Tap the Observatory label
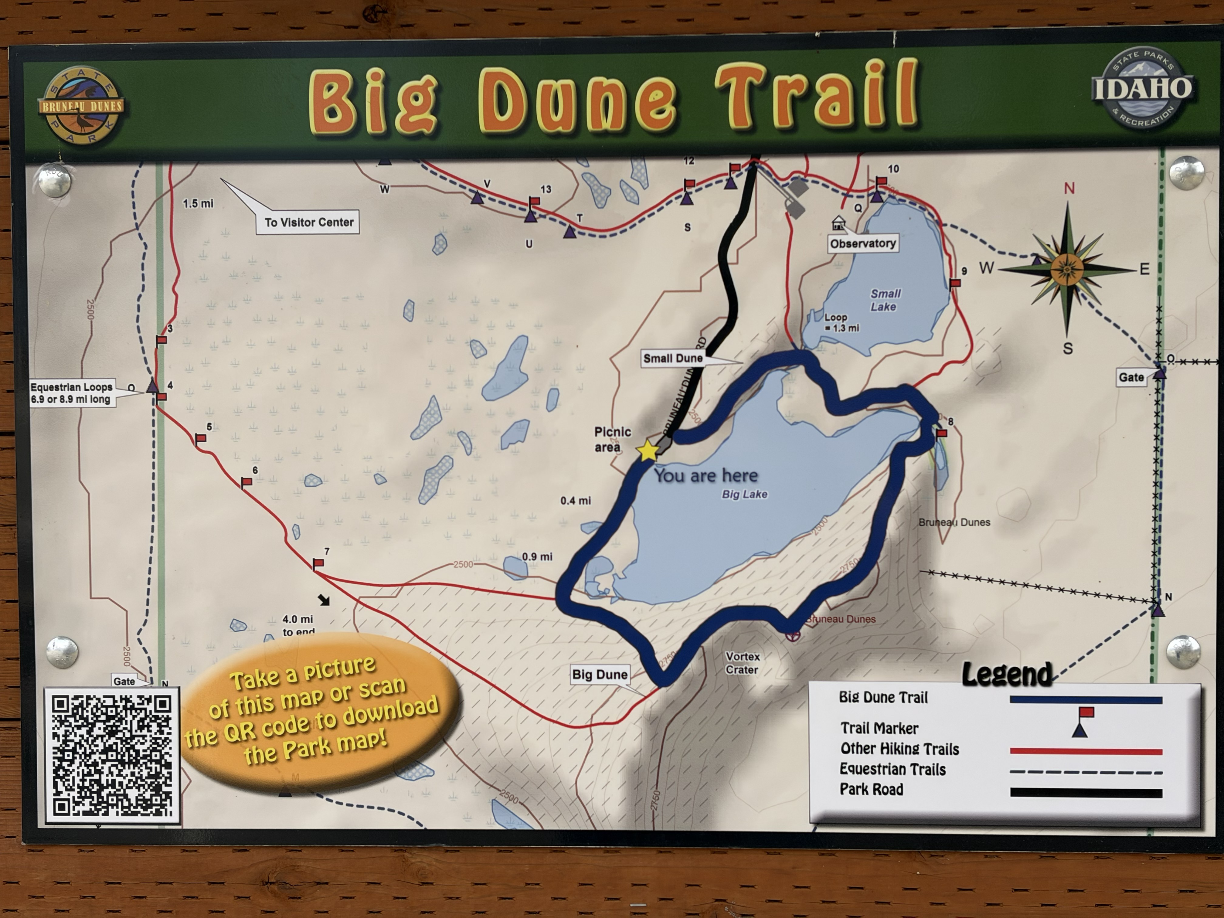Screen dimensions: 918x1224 pyautogui.click(x=863, y=243)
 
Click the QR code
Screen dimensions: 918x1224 pyautogui.click(x=112, y=756)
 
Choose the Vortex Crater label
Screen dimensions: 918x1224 pyautogui.click(x=742, y=663)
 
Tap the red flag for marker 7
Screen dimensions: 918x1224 pyautogui.click(x=318, y=563)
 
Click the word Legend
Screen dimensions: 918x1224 pyautogui.click(x=1007, y=674)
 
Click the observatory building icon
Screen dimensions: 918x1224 pyautogui.click(x=838, y=223)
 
